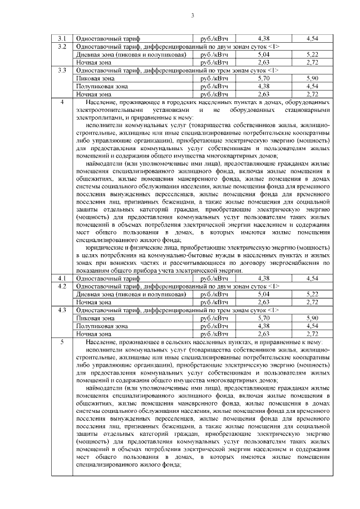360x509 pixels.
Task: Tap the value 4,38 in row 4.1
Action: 263,278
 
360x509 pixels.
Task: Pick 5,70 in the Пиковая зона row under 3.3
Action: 263,79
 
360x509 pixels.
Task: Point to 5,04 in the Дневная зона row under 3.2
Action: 263,54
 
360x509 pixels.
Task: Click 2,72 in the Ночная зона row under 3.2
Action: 313,62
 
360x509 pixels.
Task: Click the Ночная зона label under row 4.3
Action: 94,334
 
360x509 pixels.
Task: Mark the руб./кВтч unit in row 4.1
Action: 209,278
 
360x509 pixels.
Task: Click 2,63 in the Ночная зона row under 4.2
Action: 263,302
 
